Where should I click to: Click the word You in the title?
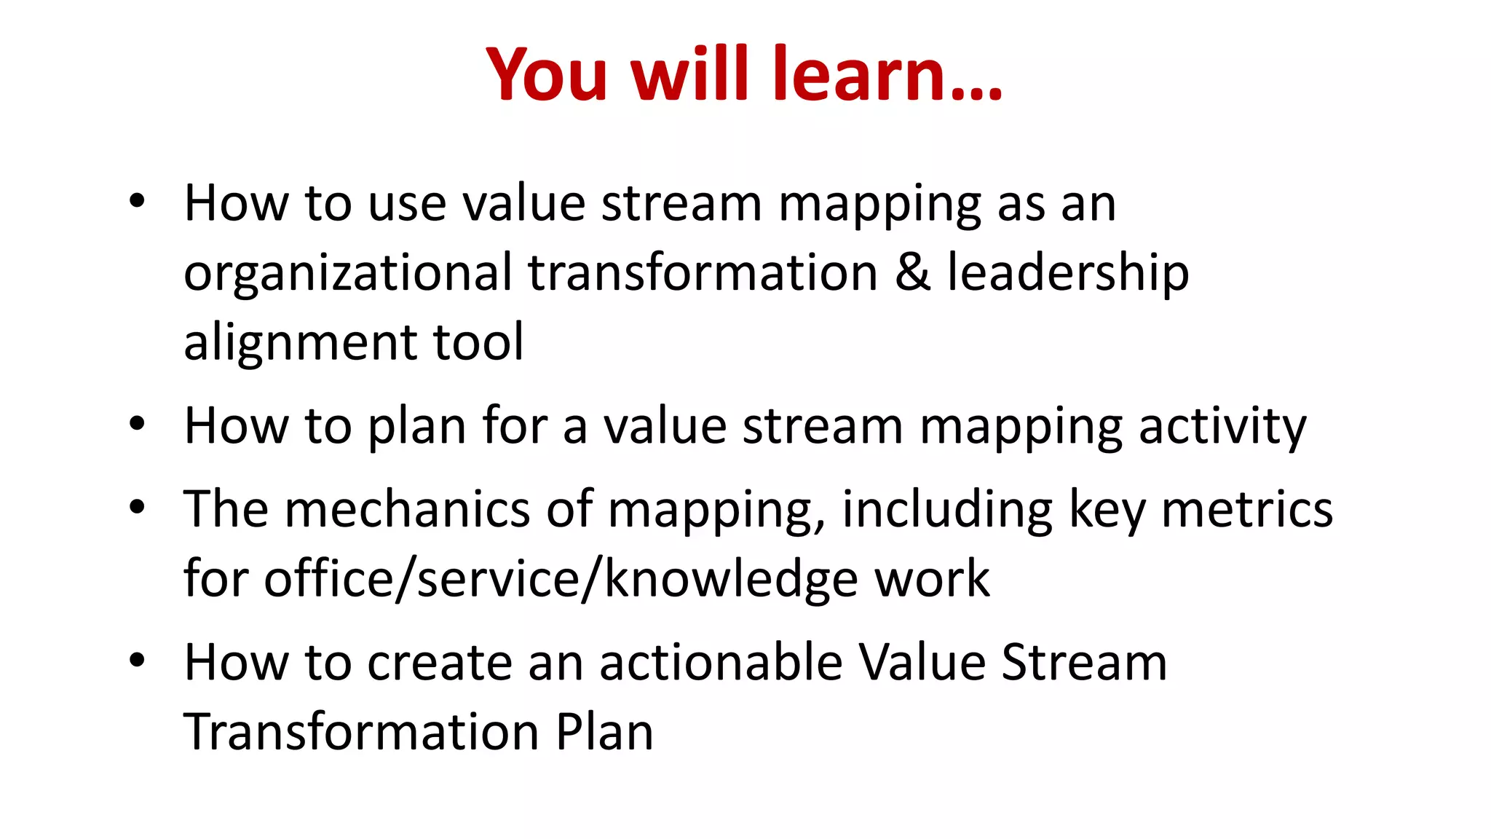pos(546,74)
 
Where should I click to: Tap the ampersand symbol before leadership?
pos(912,272)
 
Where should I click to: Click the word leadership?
pos(1068,272)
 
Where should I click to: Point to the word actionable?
pos(721,662)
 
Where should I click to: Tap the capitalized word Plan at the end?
pos(604,732)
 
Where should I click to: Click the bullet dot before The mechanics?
pos(137,507)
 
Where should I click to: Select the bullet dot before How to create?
pos(137,661)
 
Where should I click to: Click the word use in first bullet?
pos(407,203)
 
